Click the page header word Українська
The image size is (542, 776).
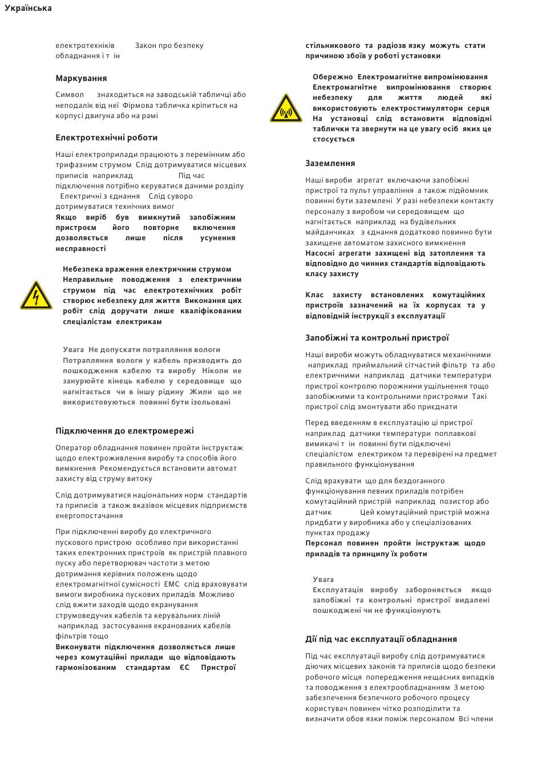28,8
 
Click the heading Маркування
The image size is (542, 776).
81,78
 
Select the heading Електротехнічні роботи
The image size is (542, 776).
106,138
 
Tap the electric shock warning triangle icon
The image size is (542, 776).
36,296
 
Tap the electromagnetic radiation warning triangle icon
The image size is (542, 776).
286,108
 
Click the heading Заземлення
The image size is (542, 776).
330,163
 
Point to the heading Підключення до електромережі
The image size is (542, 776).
124,431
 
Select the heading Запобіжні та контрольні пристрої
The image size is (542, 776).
377,338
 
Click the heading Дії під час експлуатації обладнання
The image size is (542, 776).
381,639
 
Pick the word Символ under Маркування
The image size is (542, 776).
70,95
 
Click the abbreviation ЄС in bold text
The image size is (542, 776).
184,668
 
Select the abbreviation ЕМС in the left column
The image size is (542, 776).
172,584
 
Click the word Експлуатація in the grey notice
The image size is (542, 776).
337,590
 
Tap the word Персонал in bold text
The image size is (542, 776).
323,543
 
